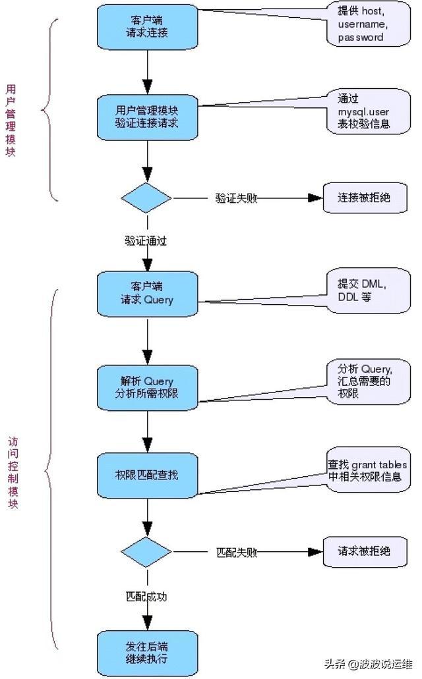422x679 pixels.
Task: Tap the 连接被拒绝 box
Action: (x=363, y=197)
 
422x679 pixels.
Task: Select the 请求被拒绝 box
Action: (x=363, y=551)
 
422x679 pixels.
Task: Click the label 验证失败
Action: (x=236, y=198)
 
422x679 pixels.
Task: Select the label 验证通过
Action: (x=146, y=240)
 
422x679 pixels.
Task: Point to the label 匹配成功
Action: (x=146, y=597)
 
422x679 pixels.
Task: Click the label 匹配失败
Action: (x=236, y=552)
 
